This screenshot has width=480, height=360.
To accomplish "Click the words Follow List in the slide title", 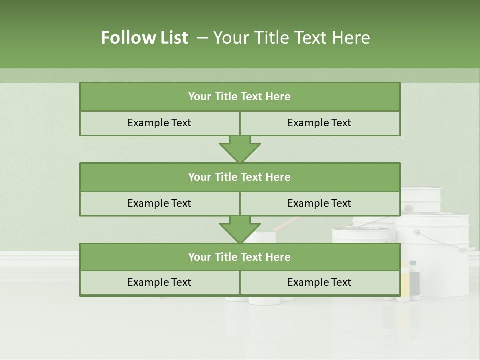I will [144, 38].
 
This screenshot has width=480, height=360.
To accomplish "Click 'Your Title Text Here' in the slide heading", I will [291, 38].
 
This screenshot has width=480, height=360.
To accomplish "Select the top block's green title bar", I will [239, 97].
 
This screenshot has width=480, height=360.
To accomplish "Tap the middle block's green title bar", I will [239, 177].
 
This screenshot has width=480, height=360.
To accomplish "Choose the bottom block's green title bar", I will [239, 257].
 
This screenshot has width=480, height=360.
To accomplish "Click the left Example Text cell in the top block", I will [159, 123].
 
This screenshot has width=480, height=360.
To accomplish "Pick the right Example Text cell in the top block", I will [319, 123].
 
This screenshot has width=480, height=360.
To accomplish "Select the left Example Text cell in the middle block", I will [159, 203].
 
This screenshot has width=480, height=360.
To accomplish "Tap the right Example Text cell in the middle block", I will [319, 203].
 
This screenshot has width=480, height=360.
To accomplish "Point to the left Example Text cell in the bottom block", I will [159, 282].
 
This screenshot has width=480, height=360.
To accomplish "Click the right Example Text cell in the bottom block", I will [319, 282].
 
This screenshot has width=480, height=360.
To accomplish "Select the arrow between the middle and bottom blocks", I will [240, 229].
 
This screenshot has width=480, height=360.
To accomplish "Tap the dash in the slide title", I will [202, 37].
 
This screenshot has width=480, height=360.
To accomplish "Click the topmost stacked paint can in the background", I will [421, 200].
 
